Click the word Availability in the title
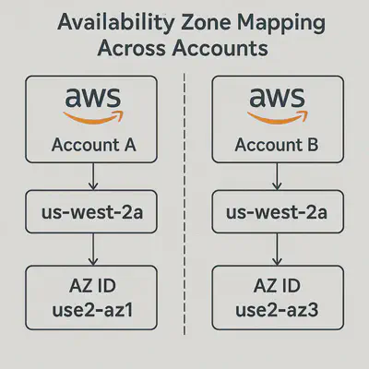[115, 23]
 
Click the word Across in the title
[132, 48]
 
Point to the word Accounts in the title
[220, 48]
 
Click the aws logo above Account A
[92, 105]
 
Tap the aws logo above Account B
[277, 105]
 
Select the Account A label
[93, 145]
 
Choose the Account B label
[277, 145]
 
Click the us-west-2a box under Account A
[91, 211]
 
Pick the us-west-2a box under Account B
[278, 211]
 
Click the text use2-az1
[92, 310]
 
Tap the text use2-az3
[277, 310]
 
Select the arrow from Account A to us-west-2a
[93, 176]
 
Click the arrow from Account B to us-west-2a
[277, 176]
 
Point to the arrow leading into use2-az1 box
[93, 249]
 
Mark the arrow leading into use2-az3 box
[277, 249]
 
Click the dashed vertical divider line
[184, 204]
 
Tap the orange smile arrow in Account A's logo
[93, 117]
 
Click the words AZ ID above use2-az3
[277, 286]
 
